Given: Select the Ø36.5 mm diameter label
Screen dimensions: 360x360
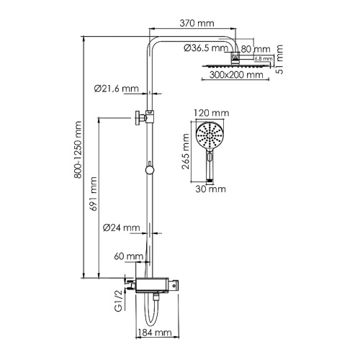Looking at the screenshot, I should (x=204, y=48).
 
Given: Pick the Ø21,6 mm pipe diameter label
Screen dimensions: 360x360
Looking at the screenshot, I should (x=116, y=89).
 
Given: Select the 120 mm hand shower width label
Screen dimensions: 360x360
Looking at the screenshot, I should (x=211, y=114).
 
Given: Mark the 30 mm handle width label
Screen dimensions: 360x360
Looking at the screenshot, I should (x=211, y=189).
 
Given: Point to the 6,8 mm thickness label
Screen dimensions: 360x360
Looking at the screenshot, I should (x=262, y=58).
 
